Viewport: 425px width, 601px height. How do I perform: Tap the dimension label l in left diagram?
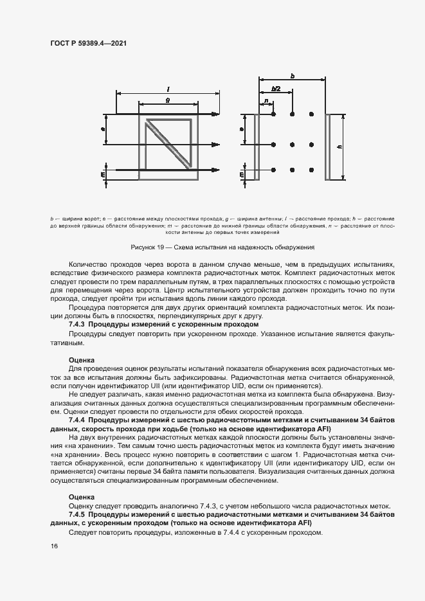[x=167, y=89]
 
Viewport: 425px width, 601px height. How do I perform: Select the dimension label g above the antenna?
[x=167, y=100]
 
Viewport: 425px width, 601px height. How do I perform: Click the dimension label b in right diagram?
[x=292, y=76]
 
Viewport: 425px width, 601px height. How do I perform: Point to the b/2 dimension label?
[x=276, y=89]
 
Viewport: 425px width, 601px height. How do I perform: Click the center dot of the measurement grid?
[x=293, y=143]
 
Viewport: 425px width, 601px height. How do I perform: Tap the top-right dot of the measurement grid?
[x=311, y=115]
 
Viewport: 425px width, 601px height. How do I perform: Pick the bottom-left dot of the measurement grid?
[x=274, y=170]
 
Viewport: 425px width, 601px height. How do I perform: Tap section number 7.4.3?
[x=77, y=325]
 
